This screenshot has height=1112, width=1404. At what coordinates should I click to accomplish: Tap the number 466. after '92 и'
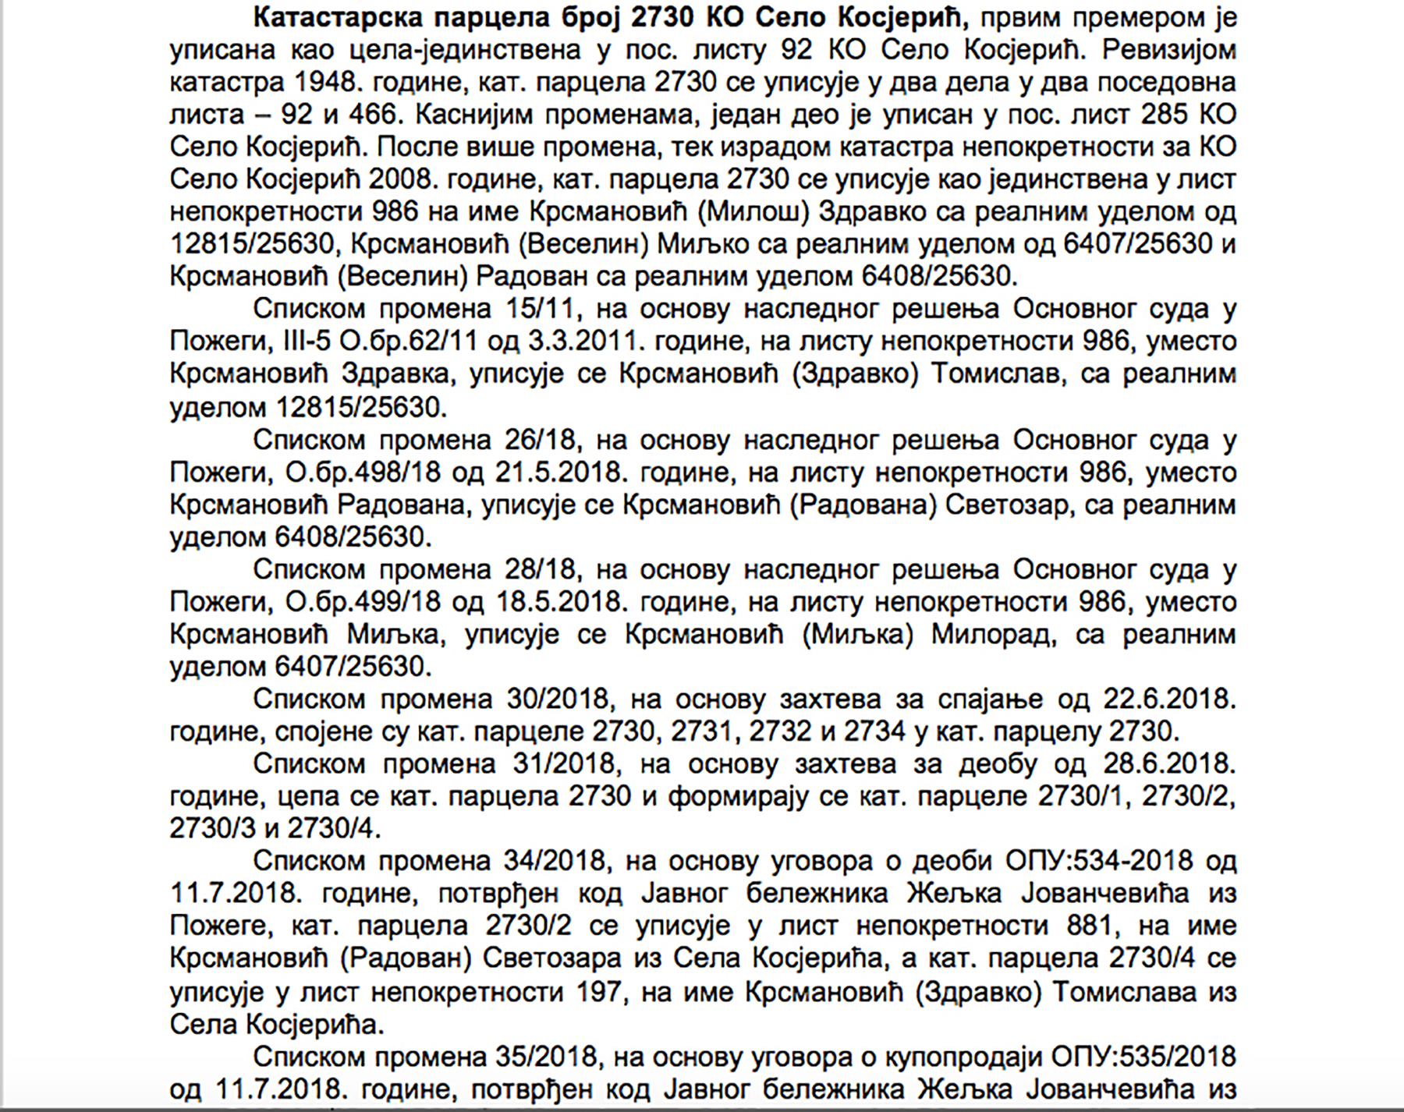tap(369, 115)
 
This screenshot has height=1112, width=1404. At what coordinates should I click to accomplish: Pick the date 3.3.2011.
tap(579, 342)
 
